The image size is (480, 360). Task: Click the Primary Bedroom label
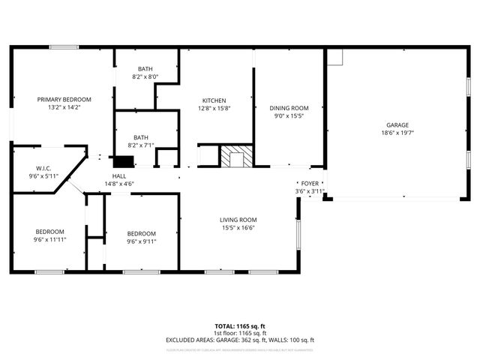(x=65, y=100)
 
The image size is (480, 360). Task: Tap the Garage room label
(x=397, y=124)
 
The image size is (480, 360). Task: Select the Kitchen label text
(x=214, y=100)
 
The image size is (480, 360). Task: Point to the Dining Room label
(x=289, y=108)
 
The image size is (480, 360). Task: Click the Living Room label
(x=238, y=220)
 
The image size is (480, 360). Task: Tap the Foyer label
(x=310, y=183)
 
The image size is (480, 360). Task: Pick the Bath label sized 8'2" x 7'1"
(x=140, y=137)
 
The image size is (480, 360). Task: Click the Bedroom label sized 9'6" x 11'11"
(x=50, y=232)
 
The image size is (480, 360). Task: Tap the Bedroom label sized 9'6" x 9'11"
(x=141, y=233)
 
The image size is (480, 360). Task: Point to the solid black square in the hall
(x=122, y=160)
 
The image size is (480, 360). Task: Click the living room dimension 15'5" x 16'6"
(x=238, y=228)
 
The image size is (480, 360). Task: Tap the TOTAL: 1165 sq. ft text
(x=240, y=326)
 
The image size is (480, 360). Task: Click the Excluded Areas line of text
(x=240, y=340)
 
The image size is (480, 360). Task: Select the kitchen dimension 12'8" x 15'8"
(x=214, y=109)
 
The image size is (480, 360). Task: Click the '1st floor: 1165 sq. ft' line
(x=240, y=333)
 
